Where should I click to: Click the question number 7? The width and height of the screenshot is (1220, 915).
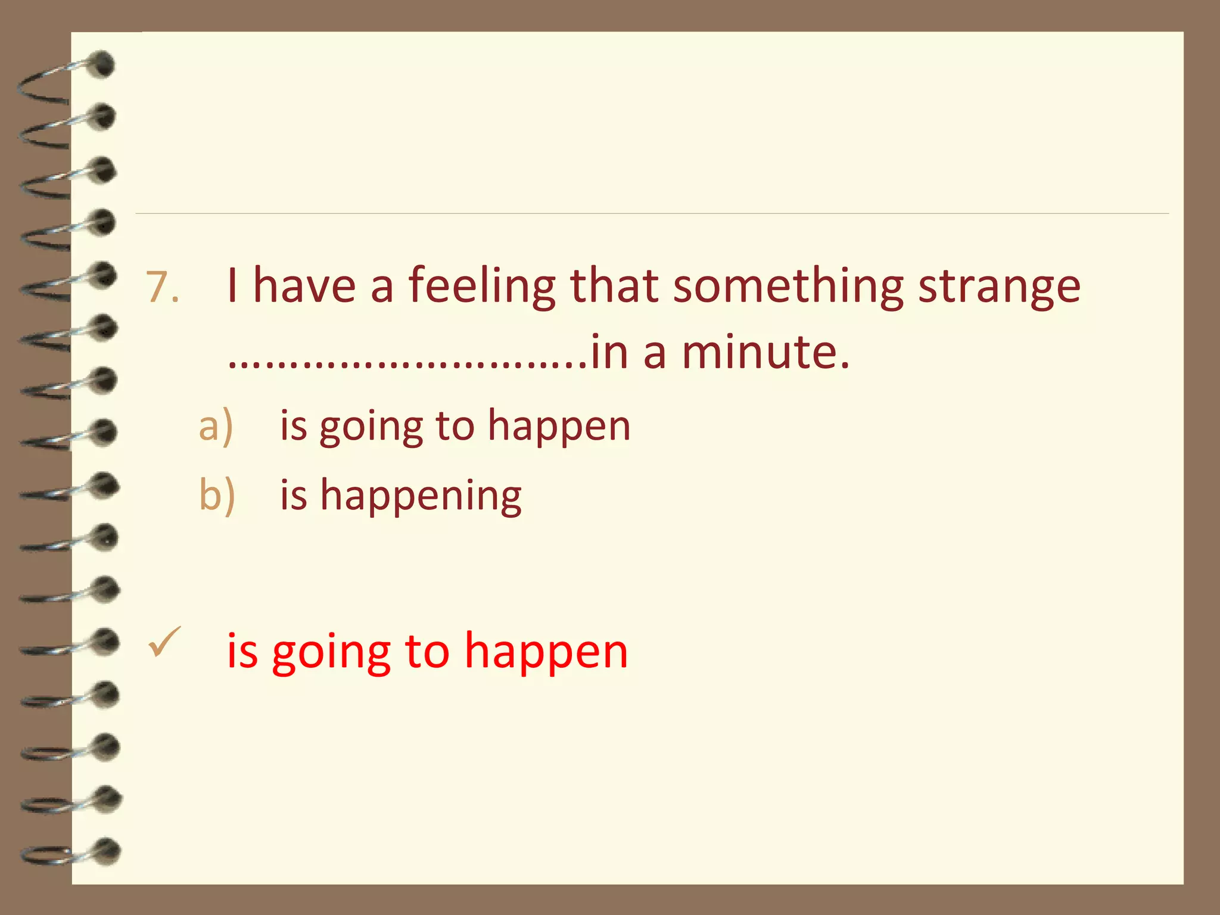point(162,288)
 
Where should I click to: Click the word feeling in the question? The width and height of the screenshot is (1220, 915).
point(481,287)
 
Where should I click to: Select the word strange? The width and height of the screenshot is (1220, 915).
point(999,287)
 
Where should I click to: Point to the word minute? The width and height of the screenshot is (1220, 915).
point(765,352)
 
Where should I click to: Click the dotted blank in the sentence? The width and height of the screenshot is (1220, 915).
point(407,361)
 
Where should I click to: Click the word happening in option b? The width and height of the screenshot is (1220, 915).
point(421,496)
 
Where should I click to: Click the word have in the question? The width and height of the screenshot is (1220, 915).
point(304,287)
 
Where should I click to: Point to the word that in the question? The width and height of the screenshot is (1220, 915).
point(614,287)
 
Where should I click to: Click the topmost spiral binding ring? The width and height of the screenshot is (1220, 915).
point(66,77)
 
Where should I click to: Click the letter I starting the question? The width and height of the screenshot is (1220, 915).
point(232,287)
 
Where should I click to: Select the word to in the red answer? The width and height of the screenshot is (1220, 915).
point(427,651)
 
